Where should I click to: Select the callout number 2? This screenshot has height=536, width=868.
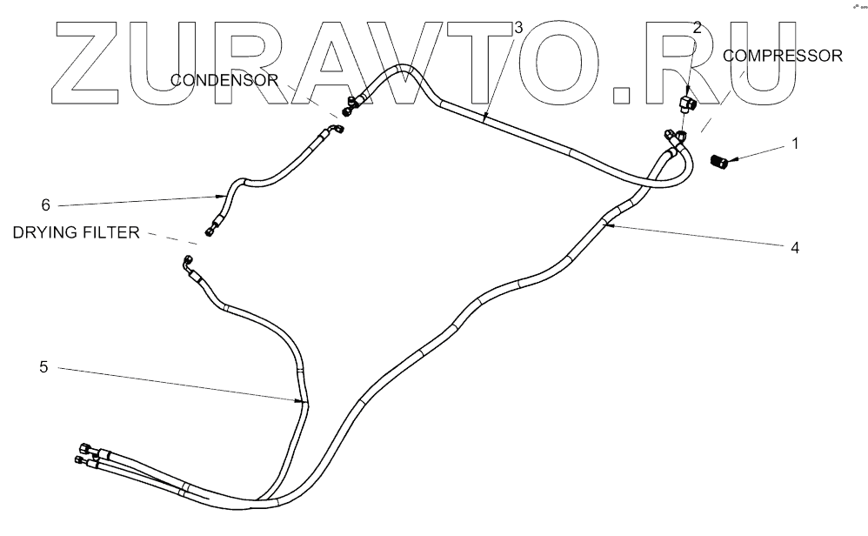697,28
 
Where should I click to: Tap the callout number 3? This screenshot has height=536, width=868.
517,28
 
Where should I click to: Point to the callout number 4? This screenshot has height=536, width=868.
794,246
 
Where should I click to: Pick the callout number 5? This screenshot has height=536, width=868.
43,367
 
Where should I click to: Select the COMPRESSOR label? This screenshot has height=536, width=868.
784,57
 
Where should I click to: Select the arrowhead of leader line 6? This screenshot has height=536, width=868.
227,196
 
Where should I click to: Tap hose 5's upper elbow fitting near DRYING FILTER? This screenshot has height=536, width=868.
188,261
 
